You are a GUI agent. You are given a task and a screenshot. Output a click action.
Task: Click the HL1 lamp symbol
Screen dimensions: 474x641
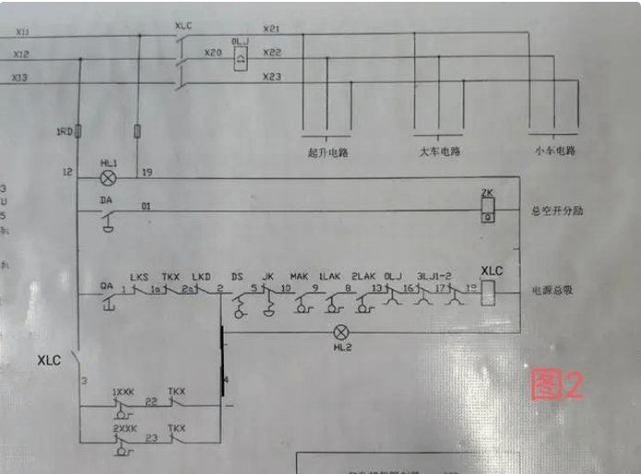108,176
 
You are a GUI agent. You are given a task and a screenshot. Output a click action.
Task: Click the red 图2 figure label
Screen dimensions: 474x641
557,384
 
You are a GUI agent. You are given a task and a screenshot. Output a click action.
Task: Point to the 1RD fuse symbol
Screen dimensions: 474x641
80,132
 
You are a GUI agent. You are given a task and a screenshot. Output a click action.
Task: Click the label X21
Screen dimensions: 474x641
271,29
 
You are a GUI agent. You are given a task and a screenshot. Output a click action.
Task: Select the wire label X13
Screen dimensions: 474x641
19,79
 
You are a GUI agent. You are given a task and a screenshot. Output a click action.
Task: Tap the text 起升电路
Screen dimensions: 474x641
327,152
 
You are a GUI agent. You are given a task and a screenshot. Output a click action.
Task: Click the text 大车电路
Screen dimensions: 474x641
439,152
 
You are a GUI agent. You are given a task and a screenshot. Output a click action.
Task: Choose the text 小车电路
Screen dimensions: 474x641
554,151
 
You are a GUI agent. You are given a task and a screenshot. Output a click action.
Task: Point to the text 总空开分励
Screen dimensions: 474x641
558,211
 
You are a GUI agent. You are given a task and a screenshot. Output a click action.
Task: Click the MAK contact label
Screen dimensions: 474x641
299,276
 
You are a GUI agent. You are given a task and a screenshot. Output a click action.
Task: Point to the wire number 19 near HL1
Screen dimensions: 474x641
146,172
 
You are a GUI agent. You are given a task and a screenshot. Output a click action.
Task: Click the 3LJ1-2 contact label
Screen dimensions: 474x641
435,275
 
